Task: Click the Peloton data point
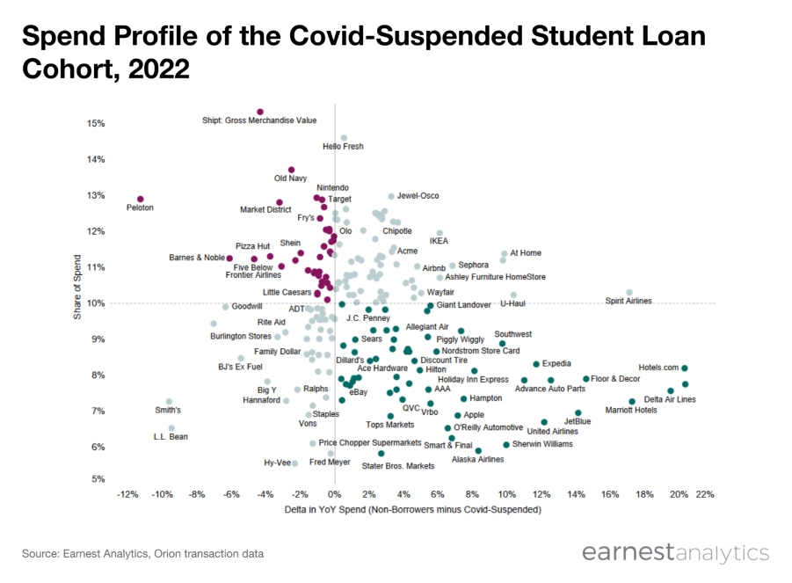coord(140,200)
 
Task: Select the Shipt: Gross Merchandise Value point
coord(260,113)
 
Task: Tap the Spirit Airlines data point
coord(629,292)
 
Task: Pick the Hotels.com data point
coord(685,368)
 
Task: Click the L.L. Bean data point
coord(171,428)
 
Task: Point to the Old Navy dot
coord(291,170)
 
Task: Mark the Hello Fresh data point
coord(344,138)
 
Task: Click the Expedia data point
coord(536,364)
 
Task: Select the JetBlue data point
coord(578,412)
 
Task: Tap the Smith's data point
coord(169,402)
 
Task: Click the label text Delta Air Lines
coord(670,400)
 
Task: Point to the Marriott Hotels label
coord(630,411)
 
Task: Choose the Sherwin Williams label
coord(542,445)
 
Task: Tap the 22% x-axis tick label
coord(704,494)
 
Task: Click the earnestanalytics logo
coord(674,553)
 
